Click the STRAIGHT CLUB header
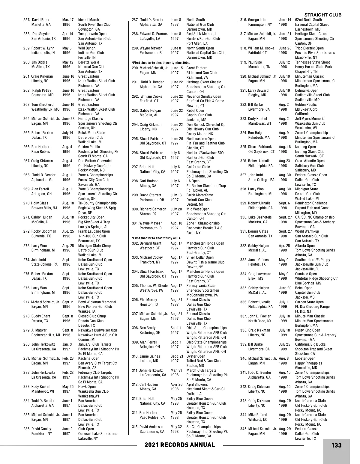click(x=323, y=15)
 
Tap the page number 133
click(x=336, y=445)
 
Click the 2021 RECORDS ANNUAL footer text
click(x=180, y=445)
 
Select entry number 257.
click(x=27, y=20)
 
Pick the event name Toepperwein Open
click(x=92, y=34)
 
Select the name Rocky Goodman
click(x=44, y=231)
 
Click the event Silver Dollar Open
click(x=200, y=257)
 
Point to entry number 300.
click(x=135, y=209)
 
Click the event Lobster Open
click(x=305, y=358)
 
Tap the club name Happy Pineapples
click(x=308, y=363)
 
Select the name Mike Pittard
click(x=258, y=415)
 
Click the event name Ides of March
click(x=88, y=20)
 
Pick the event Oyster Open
click(x=196, y=356)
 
